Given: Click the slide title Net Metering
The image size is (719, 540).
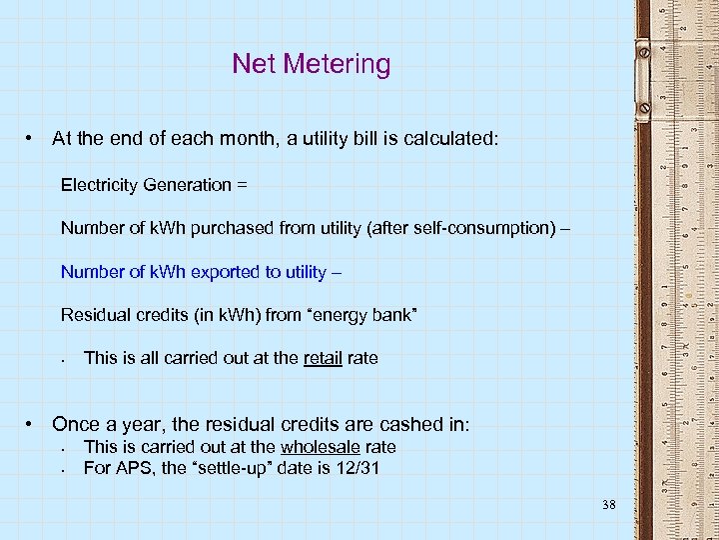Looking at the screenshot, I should tap(311, 64).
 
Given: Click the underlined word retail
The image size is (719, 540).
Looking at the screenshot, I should tap(323, 357).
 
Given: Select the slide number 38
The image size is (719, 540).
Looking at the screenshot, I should tap(609, 505).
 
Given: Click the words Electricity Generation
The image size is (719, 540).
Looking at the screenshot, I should tap(146, 185).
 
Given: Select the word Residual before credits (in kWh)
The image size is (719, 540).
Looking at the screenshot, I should tap(92, 316).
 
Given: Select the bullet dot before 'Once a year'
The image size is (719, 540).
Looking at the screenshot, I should tap(33, 424).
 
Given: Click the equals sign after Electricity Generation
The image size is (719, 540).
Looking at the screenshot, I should tap(242, 185).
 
